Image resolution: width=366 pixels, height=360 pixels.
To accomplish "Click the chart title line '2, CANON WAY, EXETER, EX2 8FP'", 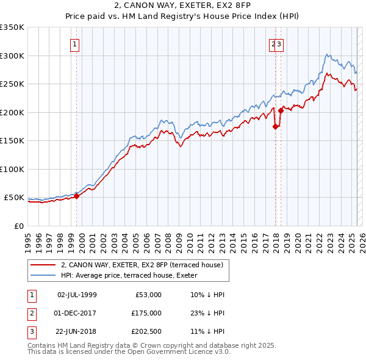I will [x=182, y=5].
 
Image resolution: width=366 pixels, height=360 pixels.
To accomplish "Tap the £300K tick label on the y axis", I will [x=12, y=56].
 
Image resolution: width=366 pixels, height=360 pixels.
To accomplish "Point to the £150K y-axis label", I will [x=12, y=140].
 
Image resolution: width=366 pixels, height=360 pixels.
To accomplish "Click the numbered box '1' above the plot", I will [x=74, y=44].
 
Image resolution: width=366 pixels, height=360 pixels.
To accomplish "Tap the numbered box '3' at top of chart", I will [x=279, y=44].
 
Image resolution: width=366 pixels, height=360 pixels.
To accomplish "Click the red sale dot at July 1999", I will [x=77, y=196].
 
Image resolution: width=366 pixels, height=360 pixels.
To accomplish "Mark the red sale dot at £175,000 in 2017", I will [x=275, y=127].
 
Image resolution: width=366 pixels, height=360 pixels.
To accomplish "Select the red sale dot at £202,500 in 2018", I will [x=281, y=111].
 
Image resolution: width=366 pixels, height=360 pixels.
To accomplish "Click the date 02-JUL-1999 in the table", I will [x=77, y=294].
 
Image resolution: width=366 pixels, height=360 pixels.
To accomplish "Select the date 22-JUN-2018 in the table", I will [x=77, y=332].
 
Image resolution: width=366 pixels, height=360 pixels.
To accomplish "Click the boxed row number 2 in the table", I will [x=30, y=313].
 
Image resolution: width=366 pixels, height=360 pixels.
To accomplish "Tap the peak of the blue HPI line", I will [x=328, y=54].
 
